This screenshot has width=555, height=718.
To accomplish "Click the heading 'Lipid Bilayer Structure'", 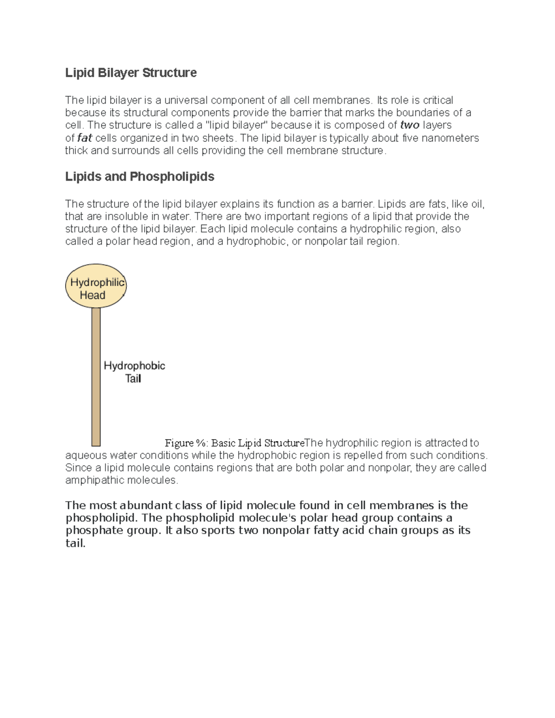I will coord(131,73).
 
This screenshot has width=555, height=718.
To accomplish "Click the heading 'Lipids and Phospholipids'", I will coord(140,177).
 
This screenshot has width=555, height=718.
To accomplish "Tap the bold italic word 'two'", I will coord(409,125).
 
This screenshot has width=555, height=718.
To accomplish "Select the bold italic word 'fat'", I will coord(85,138).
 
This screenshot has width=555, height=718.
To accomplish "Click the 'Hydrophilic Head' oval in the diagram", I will coord(96,286).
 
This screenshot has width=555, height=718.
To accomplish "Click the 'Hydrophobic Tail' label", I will coord(134,372).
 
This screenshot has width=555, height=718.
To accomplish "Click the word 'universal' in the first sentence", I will coord(186,100).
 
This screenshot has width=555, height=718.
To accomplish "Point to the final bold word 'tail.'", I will coord(75,543).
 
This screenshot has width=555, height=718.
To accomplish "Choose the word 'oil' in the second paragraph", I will coord(476,204).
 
